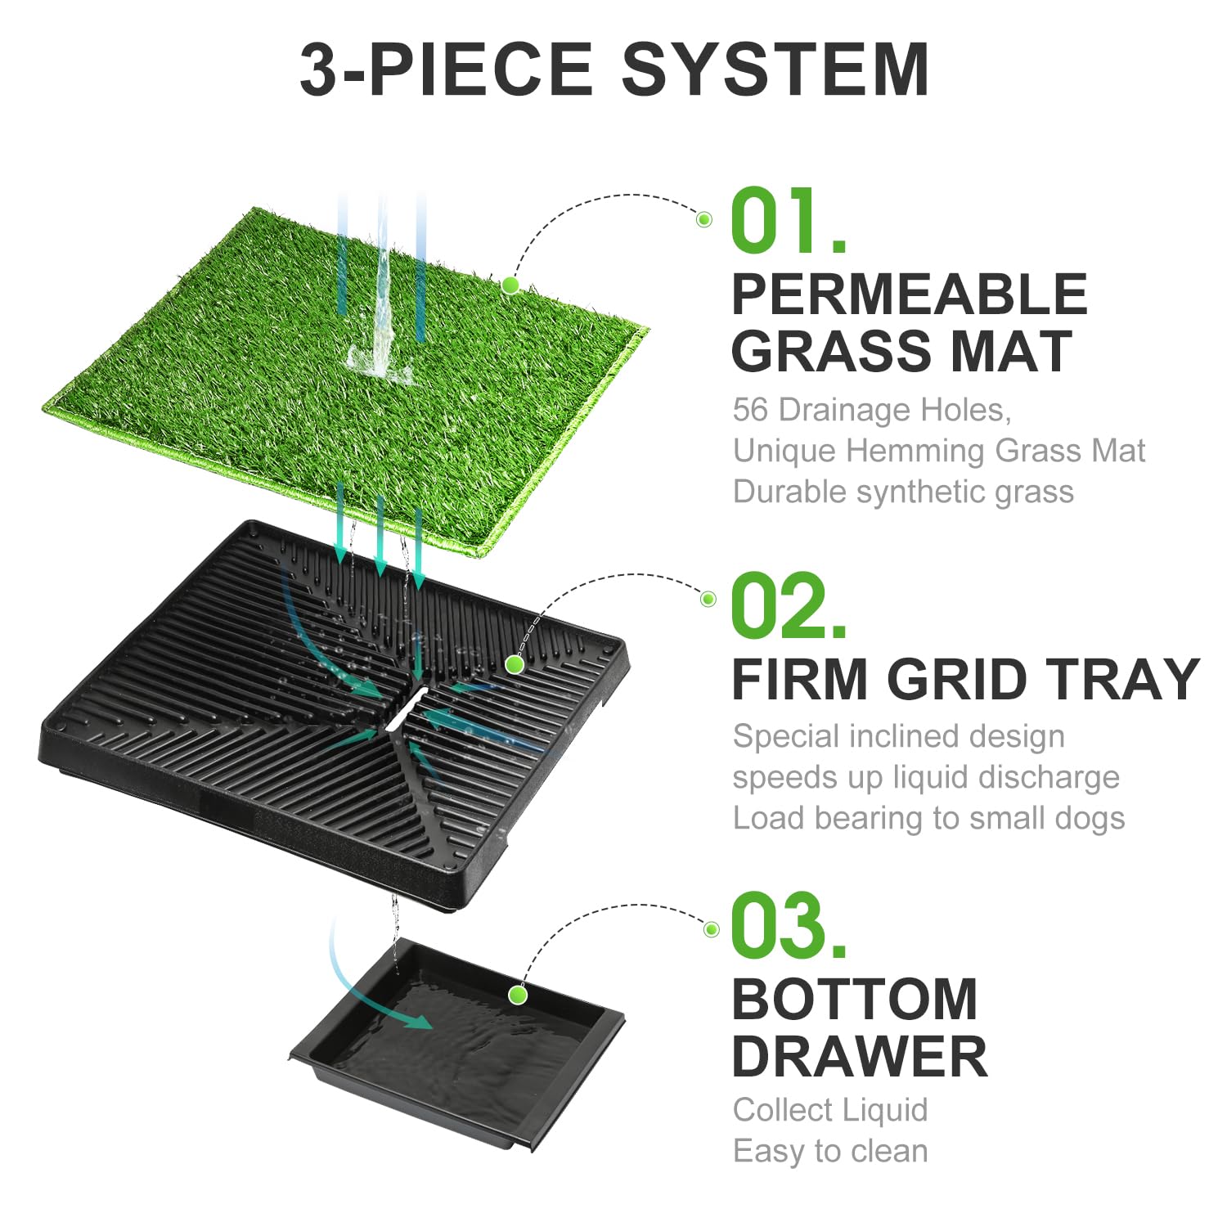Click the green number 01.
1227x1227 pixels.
(787, 221)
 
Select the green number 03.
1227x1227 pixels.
(787, 926)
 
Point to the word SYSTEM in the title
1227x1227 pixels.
(775, 70)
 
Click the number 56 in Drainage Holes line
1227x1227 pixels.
(750, 410)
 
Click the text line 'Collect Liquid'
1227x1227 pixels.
(830, 1110)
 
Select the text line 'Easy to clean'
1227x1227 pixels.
(830, 1151)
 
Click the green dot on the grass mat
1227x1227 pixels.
(510, 285)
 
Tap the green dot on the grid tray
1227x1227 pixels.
(515, 665)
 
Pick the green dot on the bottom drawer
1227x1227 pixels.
(517, 996)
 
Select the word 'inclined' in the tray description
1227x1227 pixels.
(899, 736)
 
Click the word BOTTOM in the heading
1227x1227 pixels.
(854, 1000)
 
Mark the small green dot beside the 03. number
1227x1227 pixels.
(712, 929)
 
